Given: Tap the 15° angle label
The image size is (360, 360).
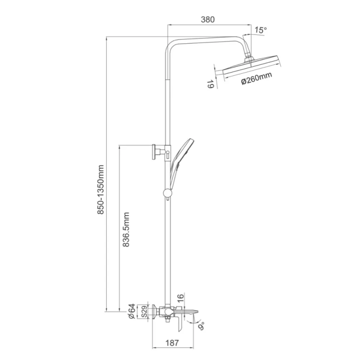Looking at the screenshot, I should pos(260,30).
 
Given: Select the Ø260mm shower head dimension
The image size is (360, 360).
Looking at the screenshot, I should pos(256,79).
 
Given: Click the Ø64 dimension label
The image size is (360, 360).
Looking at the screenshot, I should pos(132,311).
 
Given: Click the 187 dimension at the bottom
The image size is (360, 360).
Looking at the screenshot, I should pos(172,342).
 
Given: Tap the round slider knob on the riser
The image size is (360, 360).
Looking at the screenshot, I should pos(167,193).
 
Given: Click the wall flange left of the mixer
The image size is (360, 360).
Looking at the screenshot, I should pos(155,311).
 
